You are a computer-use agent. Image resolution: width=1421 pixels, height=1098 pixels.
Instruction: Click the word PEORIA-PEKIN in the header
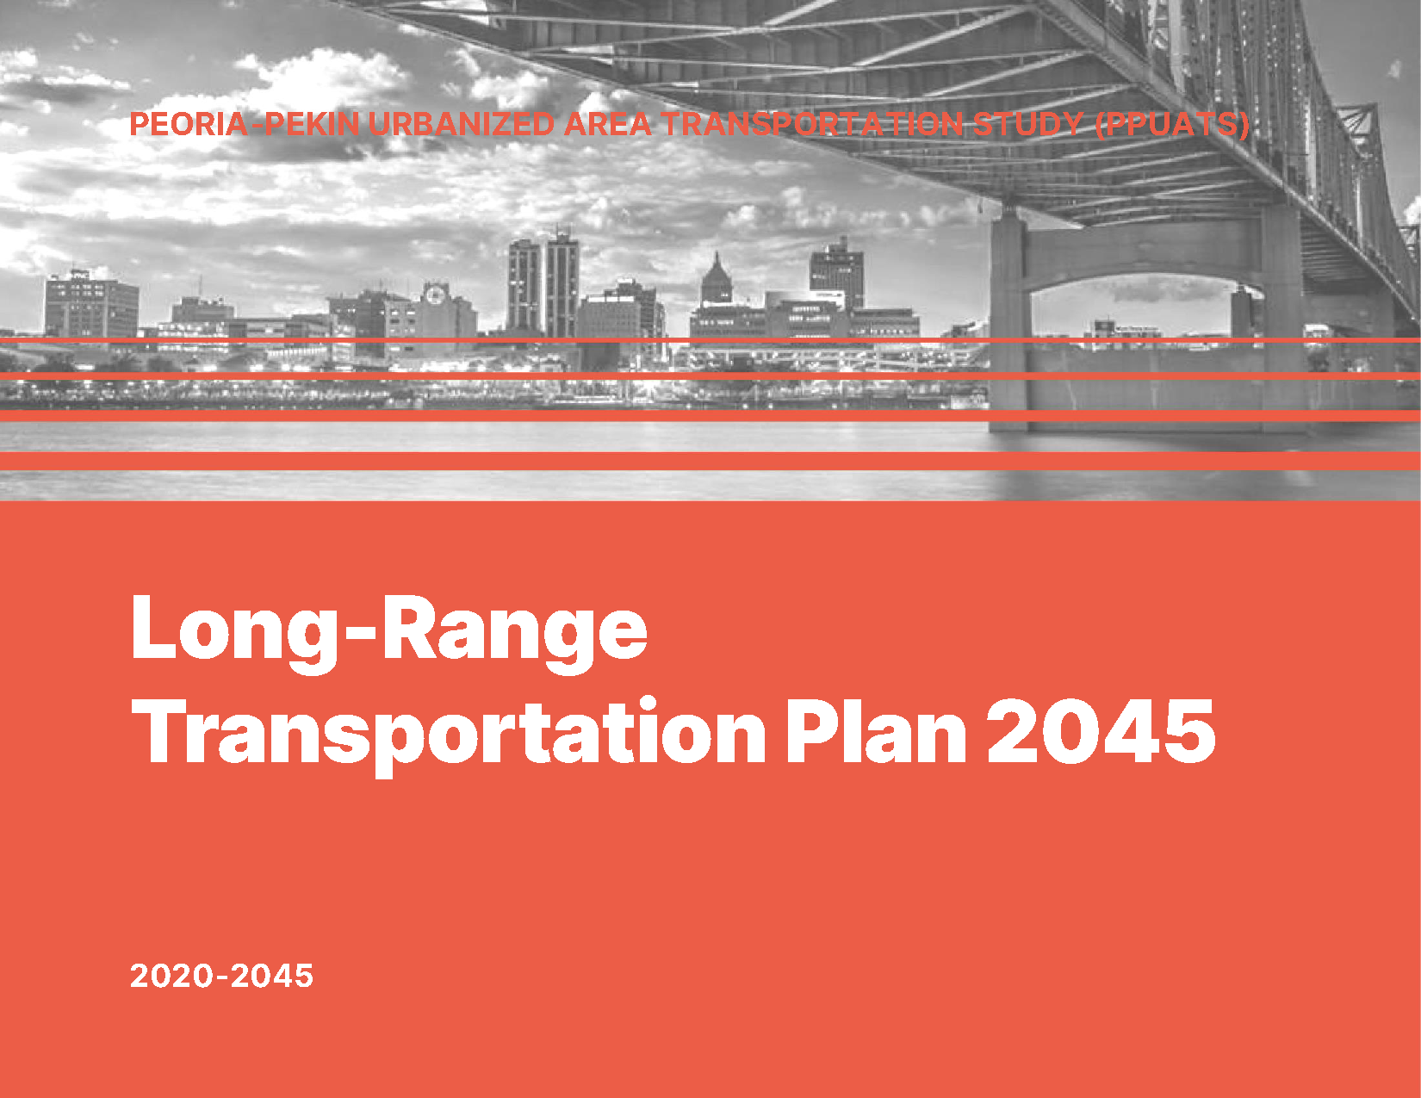pyautogui.click(x=245, y=124)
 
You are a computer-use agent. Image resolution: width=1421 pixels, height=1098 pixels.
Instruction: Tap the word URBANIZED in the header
pyautogui.click(x=462, y=124)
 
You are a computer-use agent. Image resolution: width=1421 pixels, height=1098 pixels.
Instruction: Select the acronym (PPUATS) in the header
pyautogui.click(x=1172, y=124)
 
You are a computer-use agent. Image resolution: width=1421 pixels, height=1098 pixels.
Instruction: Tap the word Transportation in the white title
pyautogui.click(x=449, y=734)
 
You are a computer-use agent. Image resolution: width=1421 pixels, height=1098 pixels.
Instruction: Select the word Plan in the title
pyautogui.click(x=876, y=729)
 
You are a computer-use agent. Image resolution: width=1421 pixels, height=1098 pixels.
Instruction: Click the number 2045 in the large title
pyautogui.click(x=1101, y=730)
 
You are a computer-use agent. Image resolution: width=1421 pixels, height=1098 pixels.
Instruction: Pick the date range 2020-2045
pyautogui.click(x=221, y=976)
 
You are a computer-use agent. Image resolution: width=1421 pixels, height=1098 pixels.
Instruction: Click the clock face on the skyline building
pyautogui.click(x=433, y=295)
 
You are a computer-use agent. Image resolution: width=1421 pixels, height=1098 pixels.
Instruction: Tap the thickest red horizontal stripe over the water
pyautogui.click(x=710, y=461)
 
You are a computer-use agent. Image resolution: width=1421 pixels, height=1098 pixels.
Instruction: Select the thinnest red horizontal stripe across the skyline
pyautogui.click(x=710, y=340)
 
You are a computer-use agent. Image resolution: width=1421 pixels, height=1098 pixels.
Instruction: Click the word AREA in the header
pyautogui.click(x=607, y=124)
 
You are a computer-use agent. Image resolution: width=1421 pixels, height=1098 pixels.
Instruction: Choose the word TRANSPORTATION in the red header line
pyautogui.click(x=811, y=124)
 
